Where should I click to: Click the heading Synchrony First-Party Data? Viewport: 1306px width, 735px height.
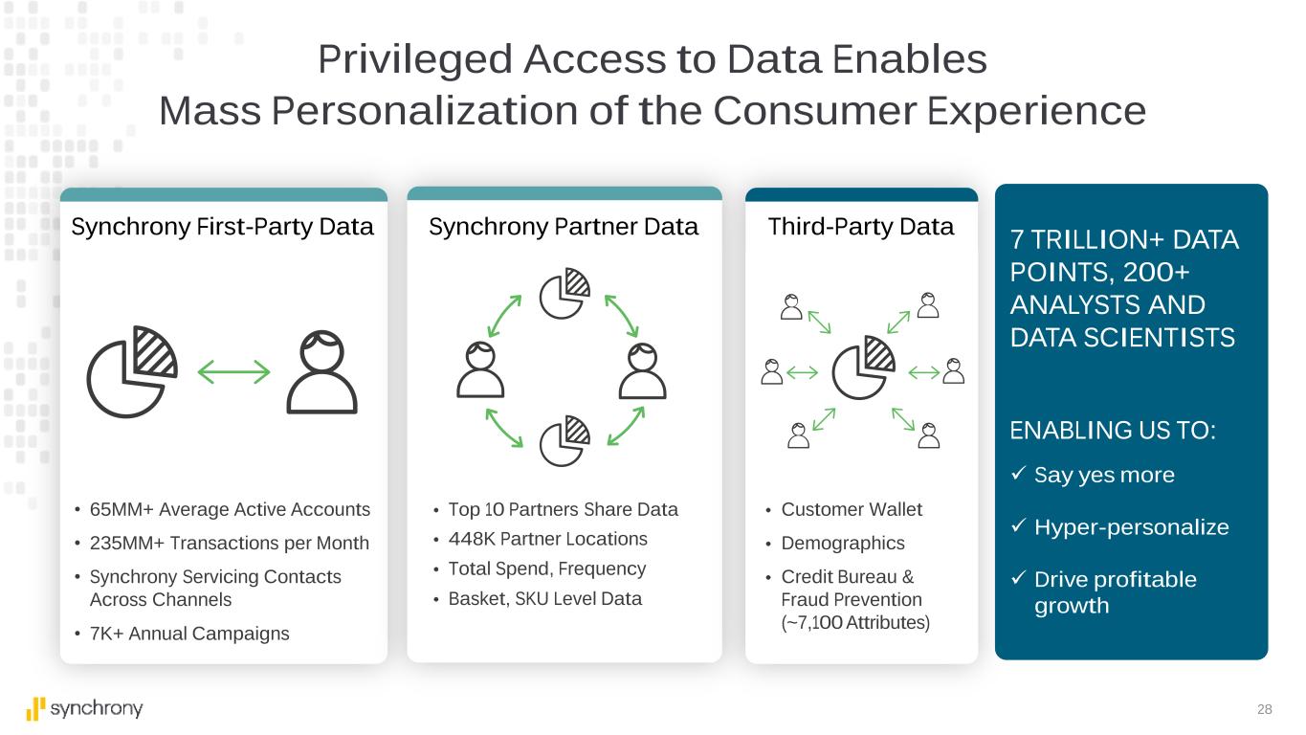pos(222,227)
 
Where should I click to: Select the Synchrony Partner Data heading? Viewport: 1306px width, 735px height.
pos(564,227)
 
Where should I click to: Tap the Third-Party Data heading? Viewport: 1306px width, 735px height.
pos(860,227)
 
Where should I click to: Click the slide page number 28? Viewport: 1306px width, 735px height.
pos(1265,709)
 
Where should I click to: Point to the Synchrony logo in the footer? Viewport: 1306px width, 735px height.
pos(84,709)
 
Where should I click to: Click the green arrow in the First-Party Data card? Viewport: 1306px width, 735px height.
pos(233,372)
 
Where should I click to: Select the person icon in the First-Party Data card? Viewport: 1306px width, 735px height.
pos(321,372)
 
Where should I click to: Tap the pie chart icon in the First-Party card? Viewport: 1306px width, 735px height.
pos(132,372)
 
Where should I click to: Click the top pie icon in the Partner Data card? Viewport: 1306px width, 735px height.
pos(564,294)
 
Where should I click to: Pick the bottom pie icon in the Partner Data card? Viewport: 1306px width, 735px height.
pos(564,441)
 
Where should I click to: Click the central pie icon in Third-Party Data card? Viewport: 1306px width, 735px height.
pos(863,367)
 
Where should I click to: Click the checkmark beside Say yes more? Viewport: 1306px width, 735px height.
pos(1019,473)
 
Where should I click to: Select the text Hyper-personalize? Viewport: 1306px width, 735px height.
pos(1132,527)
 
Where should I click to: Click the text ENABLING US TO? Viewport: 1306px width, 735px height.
pos(1113,431)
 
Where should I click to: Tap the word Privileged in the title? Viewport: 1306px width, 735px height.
pos(415,60)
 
